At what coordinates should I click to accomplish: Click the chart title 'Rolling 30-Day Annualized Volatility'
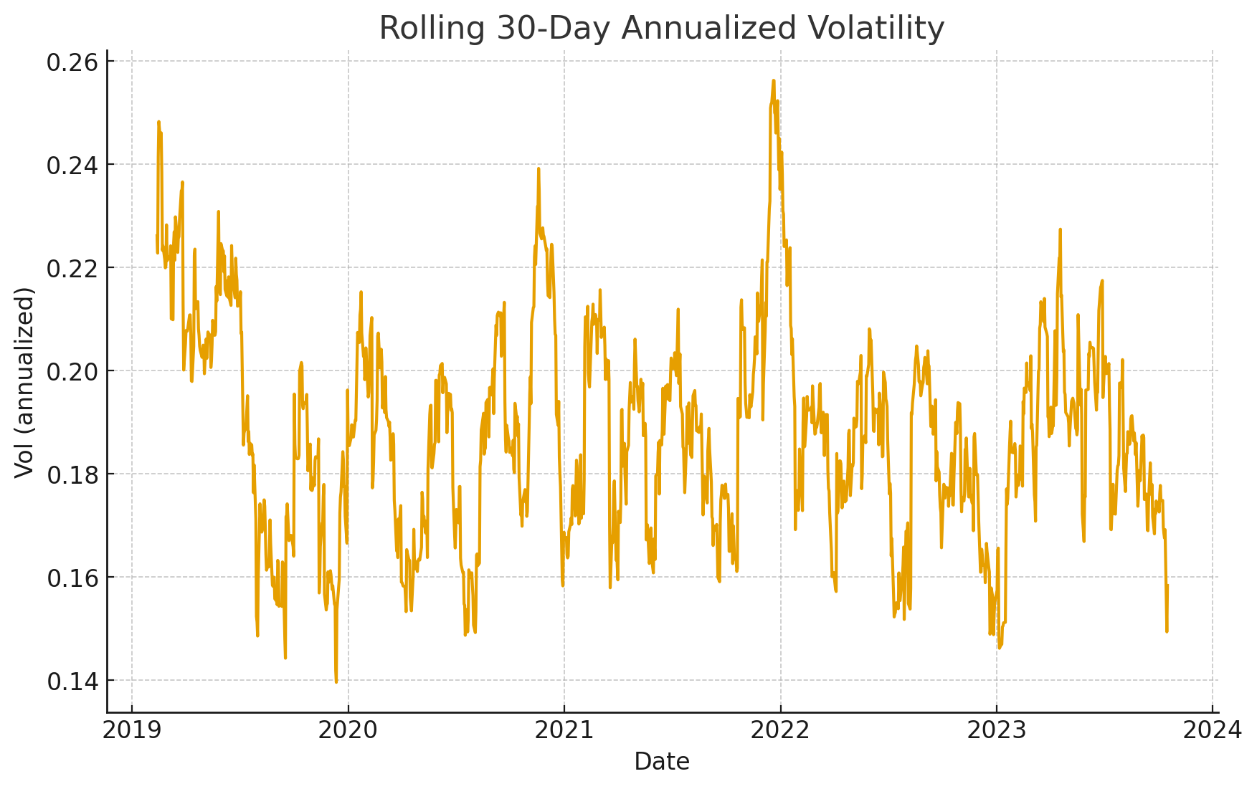(661, 29)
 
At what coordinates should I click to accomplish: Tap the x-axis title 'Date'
(661, 762)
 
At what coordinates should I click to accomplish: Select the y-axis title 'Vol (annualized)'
(24, 381)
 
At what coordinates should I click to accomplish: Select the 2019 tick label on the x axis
(132, 730)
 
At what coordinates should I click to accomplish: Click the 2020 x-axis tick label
(348, 730)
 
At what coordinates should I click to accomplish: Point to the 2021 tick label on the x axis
(564, 730)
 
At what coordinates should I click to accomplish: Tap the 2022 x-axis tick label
(780, 730)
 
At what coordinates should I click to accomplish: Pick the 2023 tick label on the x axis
(996, 730)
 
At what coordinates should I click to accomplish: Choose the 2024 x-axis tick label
(1213, 730)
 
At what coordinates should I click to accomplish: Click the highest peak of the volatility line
(773, 80)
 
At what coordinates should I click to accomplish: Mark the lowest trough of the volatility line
(336, 682)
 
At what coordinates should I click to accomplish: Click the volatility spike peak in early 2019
(158, 122)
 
